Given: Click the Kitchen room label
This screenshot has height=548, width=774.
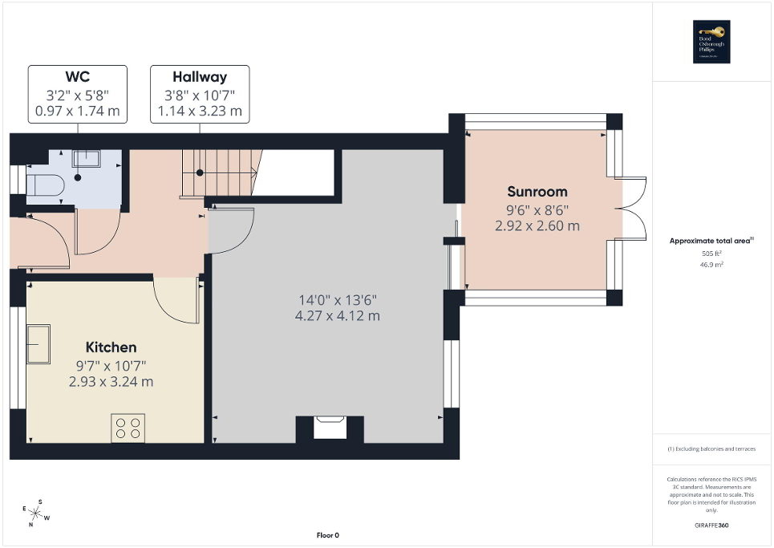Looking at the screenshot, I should [111, 347].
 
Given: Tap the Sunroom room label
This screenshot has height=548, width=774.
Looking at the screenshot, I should [537, 192].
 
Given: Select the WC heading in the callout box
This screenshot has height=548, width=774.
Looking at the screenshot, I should [77, 78].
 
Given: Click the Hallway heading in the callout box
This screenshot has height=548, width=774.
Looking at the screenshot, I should [200, 78].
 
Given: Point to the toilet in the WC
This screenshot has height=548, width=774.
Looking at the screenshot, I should [43, 186].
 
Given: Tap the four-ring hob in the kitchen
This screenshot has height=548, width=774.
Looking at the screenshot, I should [128, 428].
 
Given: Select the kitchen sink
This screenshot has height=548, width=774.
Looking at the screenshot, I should [38, 343].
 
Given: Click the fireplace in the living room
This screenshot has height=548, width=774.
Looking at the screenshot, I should [330, 428].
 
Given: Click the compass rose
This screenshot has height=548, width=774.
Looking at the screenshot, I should [36, 512].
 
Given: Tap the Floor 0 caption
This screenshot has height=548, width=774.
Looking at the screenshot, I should [328, 535].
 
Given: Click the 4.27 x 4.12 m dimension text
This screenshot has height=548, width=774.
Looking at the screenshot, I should [337, 316].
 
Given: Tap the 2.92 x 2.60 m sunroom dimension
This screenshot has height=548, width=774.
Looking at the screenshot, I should [537, 226].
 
